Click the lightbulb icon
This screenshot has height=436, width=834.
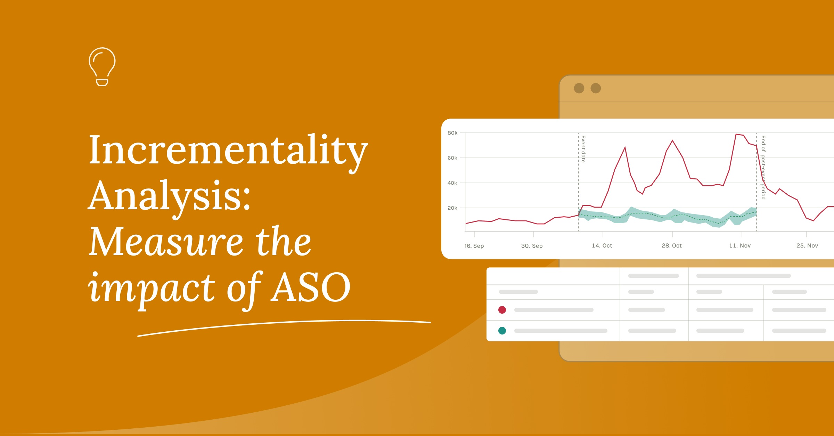point(102,66)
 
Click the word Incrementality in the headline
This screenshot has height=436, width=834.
point(228,150)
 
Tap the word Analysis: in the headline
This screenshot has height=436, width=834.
point(169,196)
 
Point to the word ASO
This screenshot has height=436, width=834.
point(311,287)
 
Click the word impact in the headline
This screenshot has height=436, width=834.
point(152,288)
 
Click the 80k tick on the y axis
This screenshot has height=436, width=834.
point(452,133)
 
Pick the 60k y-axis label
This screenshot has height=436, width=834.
point(452,158)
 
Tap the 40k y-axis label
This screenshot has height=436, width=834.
point(452,183)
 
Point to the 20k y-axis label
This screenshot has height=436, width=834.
point(452,208)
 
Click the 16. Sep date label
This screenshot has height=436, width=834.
point(474,246)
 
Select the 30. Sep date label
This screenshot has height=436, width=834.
point(532,246)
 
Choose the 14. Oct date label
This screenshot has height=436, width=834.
point(602,245)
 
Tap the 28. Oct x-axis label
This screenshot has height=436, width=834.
point(671,245)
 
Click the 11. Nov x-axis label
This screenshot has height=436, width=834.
point(740,245)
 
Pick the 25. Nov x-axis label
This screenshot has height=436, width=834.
point(807,245)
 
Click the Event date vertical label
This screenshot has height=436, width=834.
point(583,149)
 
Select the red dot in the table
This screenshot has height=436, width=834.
point(502,310)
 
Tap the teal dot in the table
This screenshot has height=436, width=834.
point(502,331)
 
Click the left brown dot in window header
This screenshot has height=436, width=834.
point(579,88)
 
